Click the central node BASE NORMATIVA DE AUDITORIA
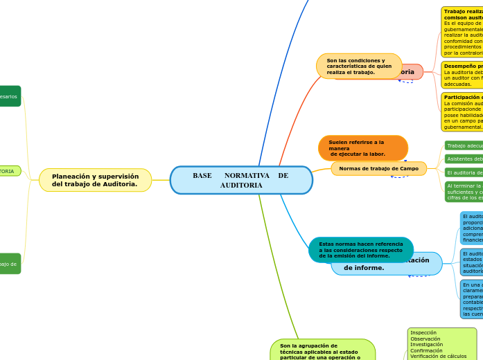coord(241,180)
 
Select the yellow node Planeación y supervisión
coord(95,180)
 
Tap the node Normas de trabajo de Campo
coord(378,168)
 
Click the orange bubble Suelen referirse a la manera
coord(362,148)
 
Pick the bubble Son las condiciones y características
coord(358,66)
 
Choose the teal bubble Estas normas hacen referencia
coord(360,250)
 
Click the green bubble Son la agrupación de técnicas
coord(322,350)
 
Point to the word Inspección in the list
coord(423,332)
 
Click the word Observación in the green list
coord(426,339)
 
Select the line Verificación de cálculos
coord(438,357)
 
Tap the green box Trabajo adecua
coord(464,145)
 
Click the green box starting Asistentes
coord(464,159)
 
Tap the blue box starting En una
coord(471,299)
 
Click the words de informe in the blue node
coord(365,267)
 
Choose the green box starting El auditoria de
coord(464,172)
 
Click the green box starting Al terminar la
coord(464,192)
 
